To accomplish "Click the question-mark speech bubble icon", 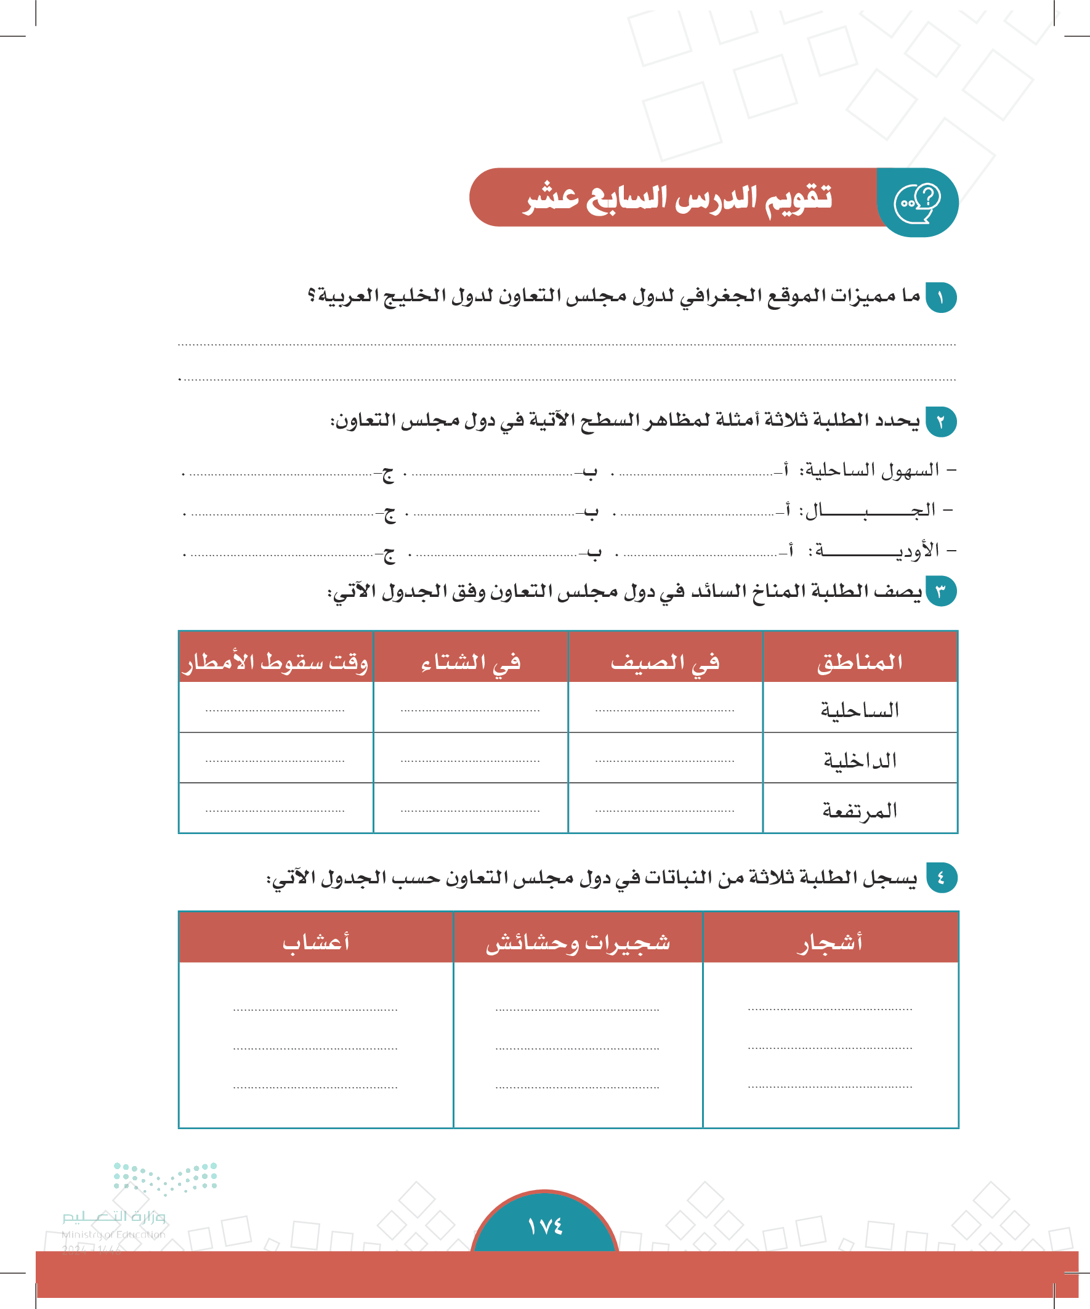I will tap(917, 203).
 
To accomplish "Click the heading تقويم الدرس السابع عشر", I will tap(678, 198).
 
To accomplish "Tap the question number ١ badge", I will tap(940, 298).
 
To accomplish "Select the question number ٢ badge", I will tap(940, 422).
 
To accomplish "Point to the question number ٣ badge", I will tap(940, 591).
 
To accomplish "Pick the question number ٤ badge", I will tap(940, 878).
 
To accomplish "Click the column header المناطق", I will tap(860, 662).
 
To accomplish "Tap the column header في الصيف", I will tap(664, 662).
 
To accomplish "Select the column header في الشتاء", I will tap(470, 662).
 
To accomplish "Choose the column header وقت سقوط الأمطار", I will tap(275, 662).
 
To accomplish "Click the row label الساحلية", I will tap(860, 710).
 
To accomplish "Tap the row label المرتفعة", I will tap(860, 810).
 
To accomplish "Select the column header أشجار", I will tap(830, 942).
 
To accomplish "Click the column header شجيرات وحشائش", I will tap(578, 942).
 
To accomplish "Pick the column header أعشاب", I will tap(316, 942).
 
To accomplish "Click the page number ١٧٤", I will tap(544, 1226).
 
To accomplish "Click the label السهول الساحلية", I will tap(870, 469).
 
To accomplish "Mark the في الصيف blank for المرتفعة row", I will tap(664, 810).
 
